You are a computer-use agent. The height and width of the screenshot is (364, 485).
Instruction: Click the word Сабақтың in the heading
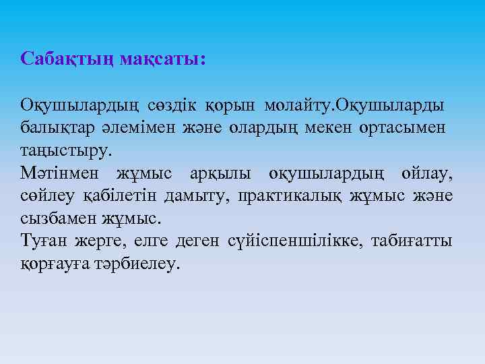(67, 59)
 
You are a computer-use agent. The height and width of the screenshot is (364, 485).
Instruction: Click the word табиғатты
(418, 241)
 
